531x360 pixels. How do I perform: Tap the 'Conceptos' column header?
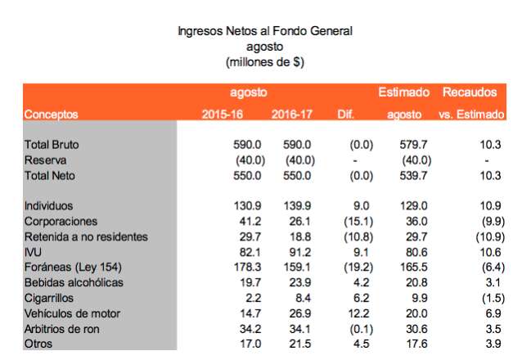click(52, 114)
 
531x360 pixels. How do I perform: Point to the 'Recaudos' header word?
click(469, 92)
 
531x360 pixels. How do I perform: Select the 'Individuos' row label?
click(50, 206)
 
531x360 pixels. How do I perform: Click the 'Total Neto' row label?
click(53, 175)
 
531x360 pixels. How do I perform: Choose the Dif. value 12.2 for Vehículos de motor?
click(360, 313)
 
